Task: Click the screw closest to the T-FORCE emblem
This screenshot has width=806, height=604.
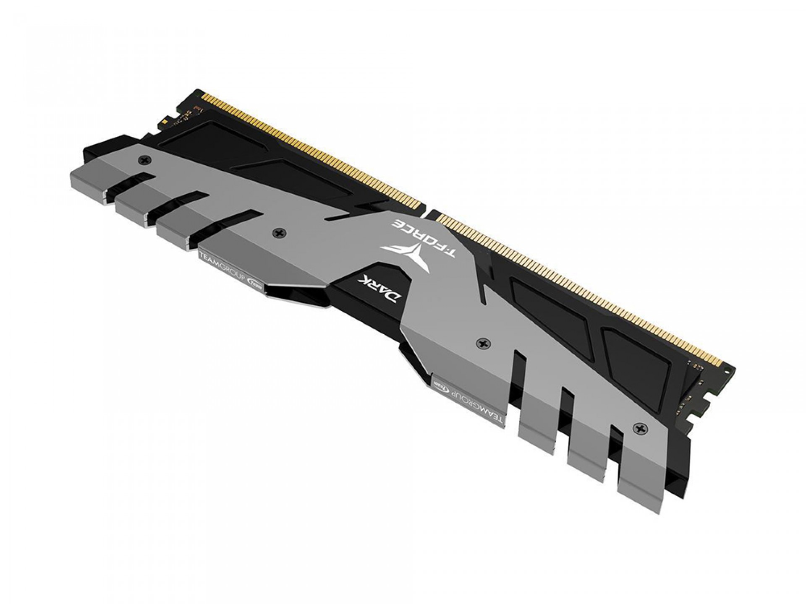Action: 279,232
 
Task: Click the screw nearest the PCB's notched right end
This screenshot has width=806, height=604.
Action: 640,429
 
